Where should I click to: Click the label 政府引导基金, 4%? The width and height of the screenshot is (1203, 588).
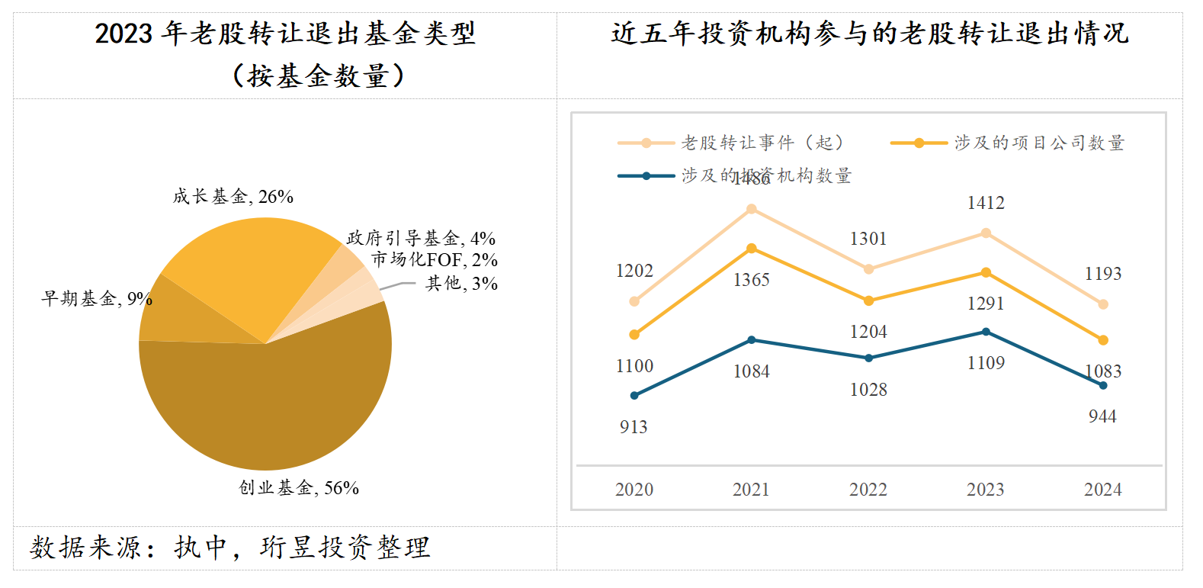421,239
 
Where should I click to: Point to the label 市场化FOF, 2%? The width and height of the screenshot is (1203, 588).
435,260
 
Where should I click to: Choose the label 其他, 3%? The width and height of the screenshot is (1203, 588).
461,284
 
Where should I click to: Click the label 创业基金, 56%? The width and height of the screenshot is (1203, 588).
299,488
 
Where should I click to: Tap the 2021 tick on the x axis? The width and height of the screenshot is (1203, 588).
751,490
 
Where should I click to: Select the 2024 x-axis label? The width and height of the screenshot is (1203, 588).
1102,490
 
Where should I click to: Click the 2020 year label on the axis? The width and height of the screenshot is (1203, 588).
634,490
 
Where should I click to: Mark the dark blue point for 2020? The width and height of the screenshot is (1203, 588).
634,395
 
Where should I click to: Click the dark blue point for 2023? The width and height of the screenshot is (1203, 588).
986,332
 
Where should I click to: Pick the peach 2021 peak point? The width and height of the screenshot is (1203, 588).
751,209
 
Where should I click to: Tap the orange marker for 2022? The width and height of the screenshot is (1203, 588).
868,300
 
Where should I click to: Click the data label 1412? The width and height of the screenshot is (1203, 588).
986,203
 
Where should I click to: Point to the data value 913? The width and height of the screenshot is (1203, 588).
634,427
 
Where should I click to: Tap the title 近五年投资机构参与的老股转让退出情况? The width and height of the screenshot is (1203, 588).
869,34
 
